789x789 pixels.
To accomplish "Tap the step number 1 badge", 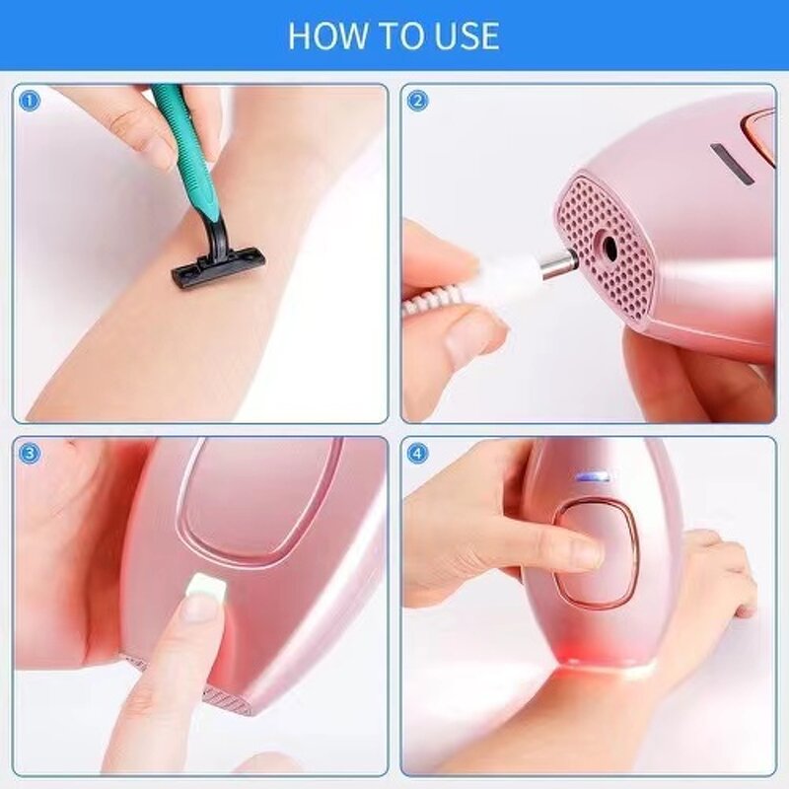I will pyautogui.click(x=30, y=100).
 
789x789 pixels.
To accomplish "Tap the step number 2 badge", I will pyautogui.click(x=417, y=100).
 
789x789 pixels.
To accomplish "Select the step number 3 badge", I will pyautogui.click(x=30, y=453).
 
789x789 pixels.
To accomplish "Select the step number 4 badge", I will pyautogui.click(x=417, y=453).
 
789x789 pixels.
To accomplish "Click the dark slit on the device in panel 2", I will pyautogui.click(x=732, y=164).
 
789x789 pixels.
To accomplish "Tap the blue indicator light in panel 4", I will pyautogui.click(x=590, y=477).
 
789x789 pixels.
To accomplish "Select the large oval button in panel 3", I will pyautogui.click(x=258, y=498).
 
